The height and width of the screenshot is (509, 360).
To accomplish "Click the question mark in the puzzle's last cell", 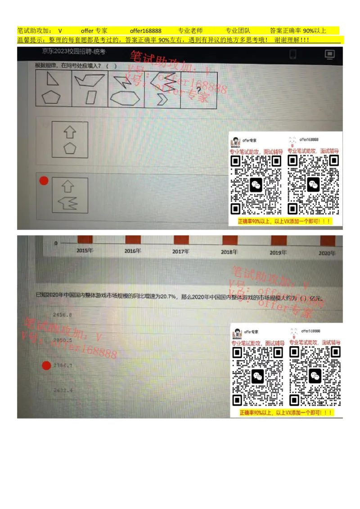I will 198,89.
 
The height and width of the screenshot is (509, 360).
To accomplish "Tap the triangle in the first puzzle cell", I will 53,80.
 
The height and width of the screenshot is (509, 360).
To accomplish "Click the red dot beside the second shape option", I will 44,181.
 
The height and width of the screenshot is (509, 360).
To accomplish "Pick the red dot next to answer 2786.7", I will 46,366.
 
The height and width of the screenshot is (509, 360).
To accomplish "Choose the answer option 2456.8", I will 62,315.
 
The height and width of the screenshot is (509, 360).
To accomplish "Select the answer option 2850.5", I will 62,340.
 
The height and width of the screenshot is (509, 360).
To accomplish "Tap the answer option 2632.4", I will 63,390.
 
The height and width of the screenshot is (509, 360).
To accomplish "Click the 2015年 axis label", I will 85,251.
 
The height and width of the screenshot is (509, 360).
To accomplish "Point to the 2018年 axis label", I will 229,252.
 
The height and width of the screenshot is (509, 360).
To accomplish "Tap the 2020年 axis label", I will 327,253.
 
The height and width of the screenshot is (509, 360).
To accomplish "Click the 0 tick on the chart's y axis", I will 56,243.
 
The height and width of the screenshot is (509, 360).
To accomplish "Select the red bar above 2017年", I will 181,239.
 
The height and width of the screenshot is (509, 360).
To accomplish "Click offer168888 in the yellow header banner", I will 145,31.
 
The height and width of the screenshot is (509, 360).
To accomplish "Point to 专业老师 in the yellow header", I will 190,31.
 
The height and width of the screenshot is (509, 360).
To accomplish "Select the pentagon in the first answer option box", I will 70,148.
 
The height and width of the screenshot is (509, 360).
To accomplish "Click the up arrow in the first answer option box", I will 69,132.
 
